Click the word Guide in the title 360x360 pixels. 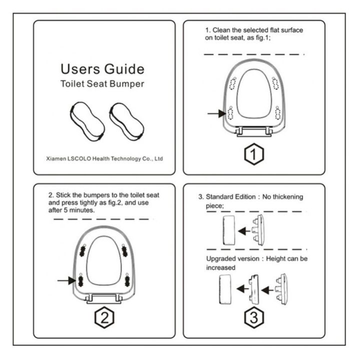click(x=124, y=69)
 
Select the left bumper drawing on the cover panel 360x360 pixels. click(x=87, y=121)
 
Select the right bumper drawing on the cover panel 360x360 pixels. click(x=126, y=121)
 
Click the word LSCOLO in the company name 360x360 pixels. click(x=79, y=158)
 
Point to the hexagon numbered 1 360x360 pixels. click(x=254, y=154)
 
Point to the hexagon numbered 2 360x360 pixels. click(x=104, y=317)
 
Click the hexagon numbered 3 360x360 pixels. click(x=254, y=317)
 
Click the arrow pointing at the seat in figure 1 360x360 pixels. click(x=216, y=113)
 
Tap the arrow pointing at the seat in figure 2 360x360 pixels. click(x=66, y=280)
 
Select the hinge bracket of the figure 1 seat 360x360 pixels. click(x=254, y=132)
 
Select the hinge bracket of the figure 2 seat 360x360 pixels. click(x=104, y=298)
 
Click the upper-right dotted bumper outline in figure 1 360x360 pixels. click(x=275, y=83)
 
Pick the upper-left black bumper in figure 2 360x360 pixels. click(x=82, y=250)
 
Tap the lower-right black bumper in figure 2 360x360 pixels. click(x=127, y=280)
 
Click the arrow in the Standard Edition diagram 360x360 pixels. click(x=244, y=231)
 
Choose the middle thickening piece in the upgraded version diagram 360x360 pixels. click(x=253, y=289)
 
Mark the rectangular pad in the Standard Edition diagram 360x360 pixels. click(x=229, y=230)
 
